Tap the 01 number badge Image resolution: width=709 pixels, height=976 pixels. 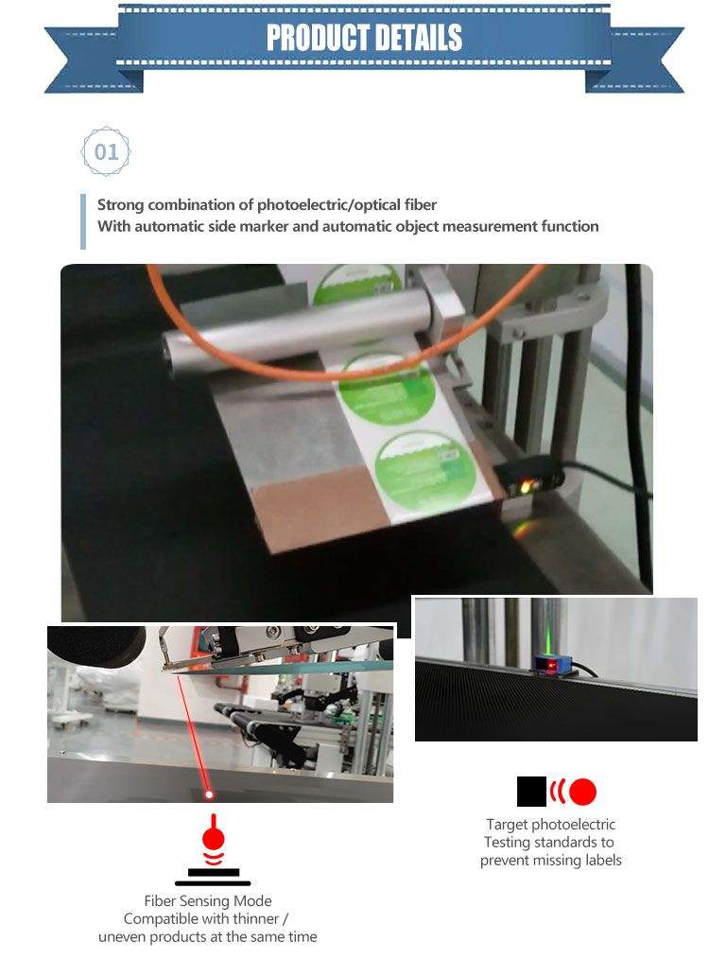[107, 151]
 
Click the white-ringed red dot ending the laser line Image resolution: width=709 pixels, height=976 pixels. [210, 794]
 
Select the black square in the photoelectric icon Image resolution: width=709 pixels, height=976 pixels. [531, 792]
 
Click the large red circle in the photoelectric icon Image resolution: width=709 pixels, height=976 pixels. [582, 792]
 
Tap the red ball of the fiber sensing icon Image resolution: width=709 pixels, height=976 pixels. [214, 838]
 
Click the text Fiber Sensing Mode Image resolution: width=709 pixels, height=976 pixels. [207, 901]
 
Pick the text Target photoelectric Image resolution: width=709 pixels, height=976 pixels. [550, 825]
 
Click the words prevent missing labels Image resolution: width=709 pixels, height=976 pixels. [550, 860]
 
